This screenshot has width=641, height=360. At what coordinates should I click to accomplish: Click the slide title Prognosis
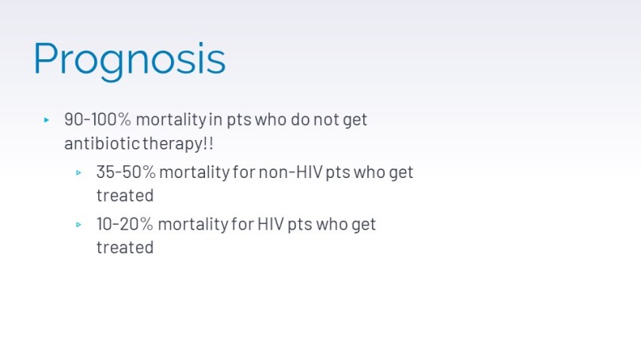coord(129,59)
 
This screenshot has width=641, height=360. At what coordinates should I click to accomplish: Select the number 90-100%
coord(97,119)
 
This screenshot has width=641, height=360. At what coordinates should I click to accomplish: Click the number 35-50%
coord(126,172)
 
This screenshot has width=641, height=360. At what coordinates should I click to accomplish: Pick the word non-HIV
coord(290,172)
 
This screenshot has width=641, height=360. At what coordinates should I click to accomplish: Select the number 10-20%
coord(125,224)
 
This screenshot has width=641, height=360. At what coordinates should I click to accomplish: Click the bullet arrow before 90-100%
coord(46,119)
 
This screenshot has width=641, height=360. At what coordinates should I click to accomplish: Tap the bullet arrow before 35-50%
coord(78,172)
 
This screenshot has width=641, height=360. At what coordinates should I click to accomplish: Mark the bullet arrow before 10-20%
coord(78,225)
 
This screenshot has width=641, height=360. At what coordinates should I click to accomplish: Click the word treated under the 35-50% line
coord(125,195)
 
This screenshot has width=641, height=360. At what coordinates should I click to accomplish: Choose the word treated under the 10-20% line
coord(125,247)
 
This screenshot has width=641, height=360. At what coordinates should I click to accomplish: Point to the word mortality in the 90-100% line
coord(171,120)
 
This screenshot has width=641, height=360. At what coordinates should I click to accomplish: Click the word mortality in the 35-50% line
coord(194,172)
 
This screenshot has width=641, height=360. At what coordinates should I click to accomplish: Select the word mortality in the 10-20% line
coord(193,225)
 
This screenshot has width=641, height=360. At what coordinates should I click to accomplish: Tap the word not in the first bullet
coord(326,119)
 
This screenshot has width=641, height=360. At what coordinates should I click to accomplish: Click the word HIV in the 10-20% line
coord(271,224)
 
